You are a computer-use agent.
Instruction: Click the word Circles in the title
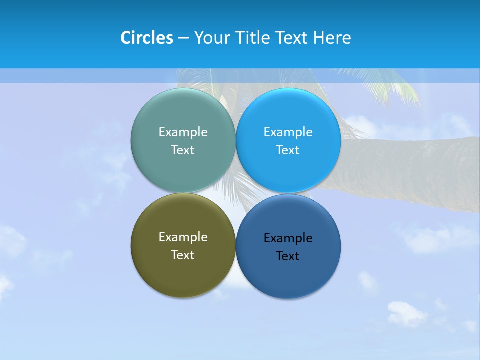point(146,38)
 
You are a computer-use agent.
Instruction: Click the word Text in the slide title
point(292,38)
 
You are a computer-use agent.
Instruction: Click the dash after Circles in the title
point(183,38)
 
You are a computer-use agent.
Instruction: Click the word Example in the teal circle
point(183,132)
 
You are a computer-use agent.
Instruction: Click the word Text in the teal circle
point(183,150)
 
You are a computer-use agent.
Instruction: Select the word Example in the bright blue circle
point(288,132)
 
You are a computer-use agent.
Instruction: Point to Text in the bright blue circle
point(288,150)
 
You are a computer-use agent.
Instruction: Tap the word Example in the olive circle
point(183,237)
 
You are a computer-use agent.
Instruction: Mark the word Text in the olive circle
point(183,255)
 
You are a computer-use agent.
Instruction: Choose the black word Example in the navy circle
point(288,238)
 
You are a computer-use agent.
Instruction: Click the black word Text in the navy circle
point(288,256)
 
